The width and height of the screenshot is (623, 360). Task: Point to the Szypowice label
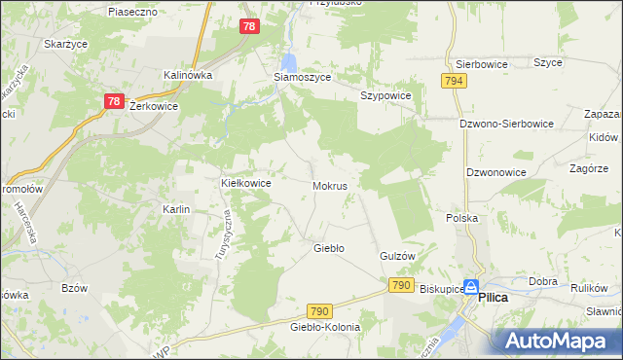[386, 96]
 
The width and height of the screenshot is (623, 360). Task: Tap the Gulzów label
[397, 255]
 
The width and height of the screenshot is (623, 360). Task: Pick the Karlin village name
[176, 209]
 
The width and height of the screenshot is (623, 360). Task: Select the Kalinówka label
[188, 74]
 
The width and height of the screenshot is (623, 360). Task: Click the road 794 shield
[452, 81]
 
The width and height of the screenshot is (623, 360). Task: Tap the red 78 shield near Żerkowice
[113, 101]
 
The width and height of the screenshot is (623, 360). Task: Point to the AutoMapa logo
[554, 341]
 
